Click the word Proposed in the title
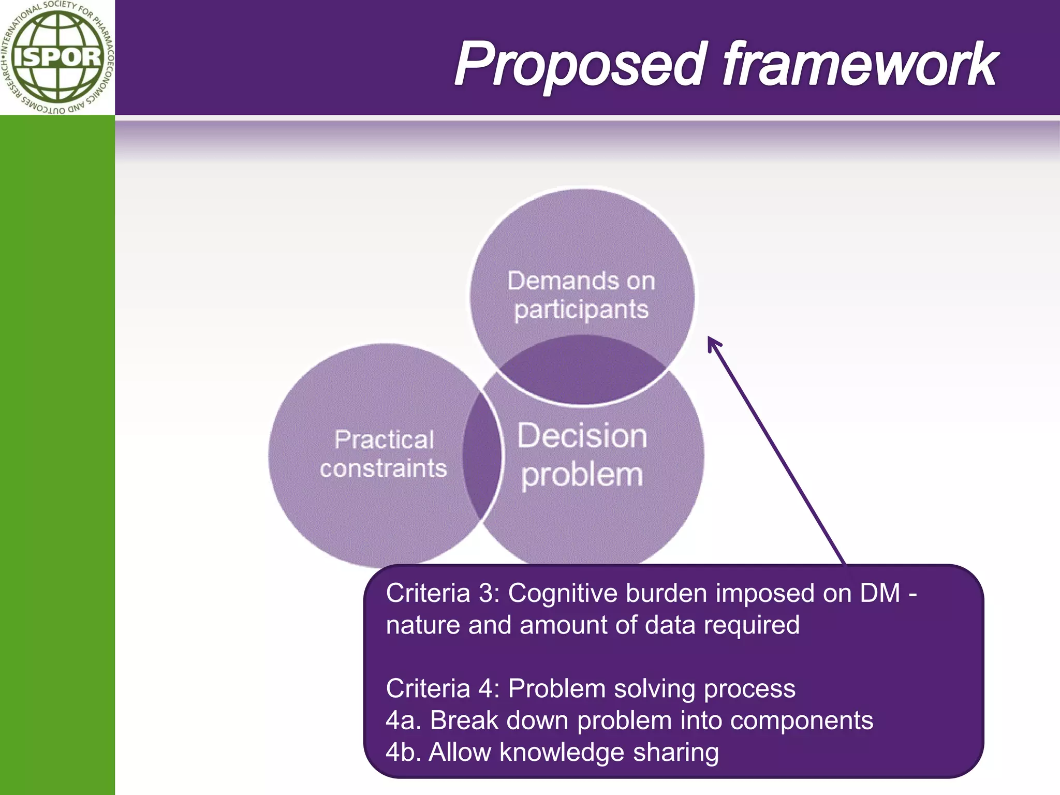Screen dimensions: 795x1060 pos(581,65)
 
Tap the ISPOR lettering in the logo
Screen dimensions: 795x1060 pos(57,56)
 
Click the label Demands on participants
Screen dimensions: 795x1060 pos(581,295)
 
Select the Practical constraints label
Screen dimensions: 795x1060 pos(384,454)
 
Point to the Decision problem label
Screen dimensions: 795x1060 pos(582,455)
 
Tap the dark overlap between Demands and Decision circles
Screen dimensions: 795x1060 pos(582,370)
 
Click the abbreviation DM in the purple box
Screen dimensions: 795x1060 pos(879,593)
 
